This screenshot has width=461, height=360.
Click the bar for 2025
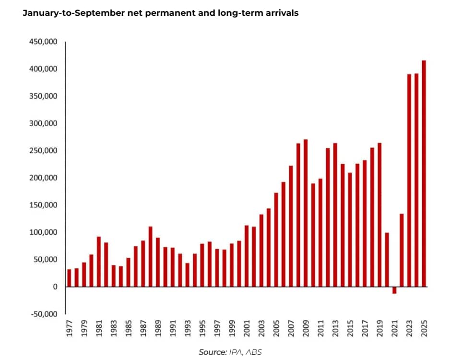(424, 173)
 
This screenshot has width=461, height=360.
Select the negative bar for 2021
(394, 290)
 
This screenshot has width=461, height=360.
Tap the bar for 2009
(306, 213)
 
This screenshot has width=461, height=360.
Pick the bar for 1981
(99, 262)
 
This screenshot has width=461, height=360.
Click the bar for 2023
(409, 180)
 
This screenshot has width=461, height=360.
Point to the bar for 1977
(69, 278)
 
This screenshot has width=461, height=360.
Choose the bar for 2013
(335, 215)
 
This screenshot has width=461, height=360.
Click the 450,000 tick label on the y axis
(44, 42)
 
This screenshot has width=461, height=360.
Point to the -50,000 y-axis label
(44, 314)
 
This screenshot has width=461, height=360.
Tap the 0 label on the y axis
(55, 287)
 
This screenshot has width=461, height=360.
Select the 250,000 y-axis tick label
(44, 151)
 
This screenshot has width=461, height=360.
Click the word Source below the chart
(212, 352)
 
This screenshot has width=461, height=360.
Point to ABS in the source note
(254, 352)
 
